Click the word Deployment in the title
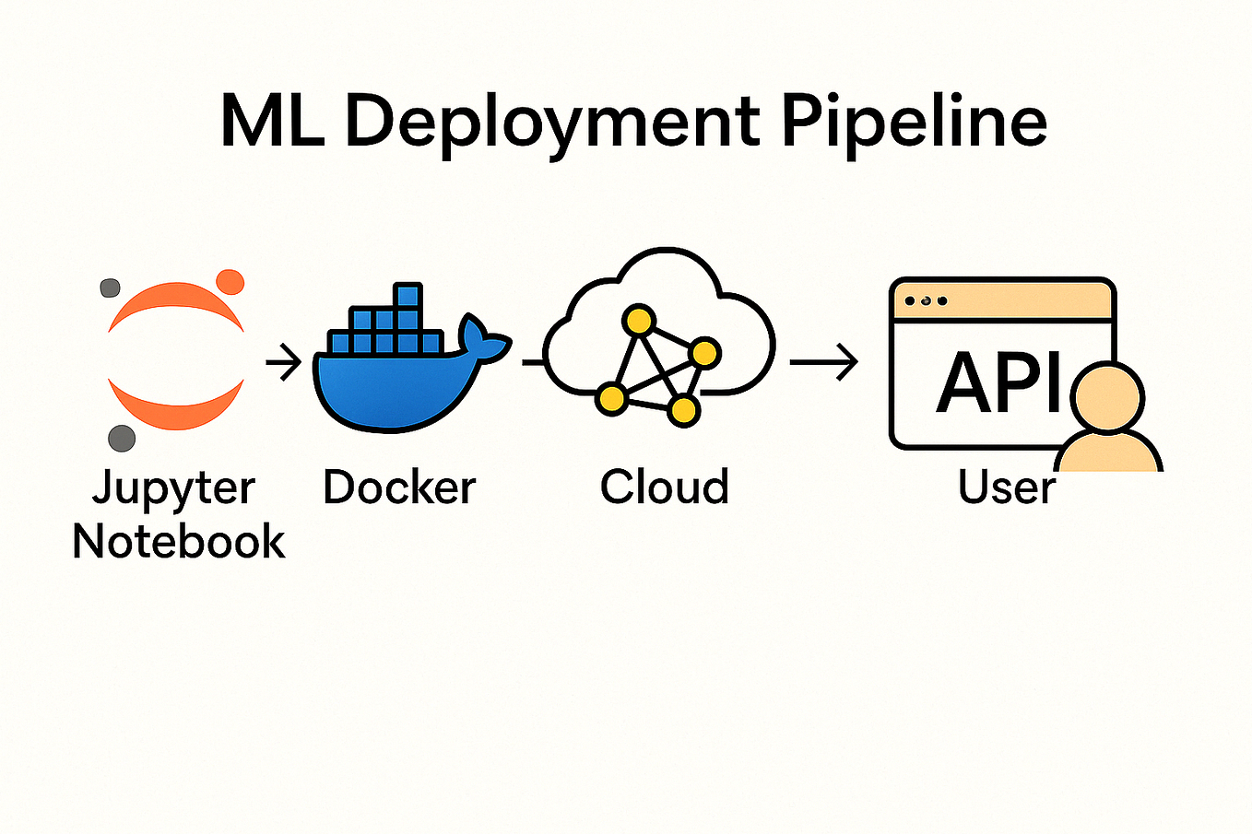click(551, 123)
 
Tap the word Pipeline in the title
click(914, 123)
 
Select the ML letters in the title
click(272, 121)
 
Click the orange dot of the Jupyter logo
click(230, 281)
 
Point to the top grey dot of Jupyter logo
click(110, 288)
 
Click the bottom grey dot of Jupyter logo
click(122, 438)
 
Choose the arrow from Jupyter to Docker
click(284, 362)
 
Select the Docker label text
click(399, 487)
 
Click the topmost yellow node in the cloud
click(638, 321)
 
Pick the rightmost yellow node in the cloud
click(704, 353)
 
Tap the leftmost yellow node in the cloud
click(610, 399)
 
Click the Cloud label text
click(665, 487)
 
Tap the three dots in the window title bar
click(926, 301)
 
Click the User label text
click(1007, 487)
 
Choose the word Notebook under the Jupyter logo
click(179, 541)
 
